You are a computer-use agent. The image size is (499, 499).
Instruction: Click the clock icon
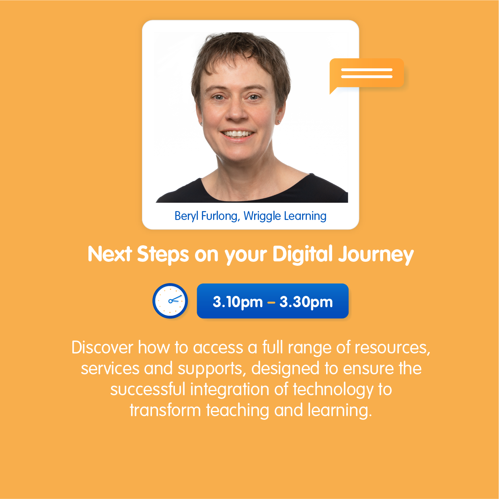tap(170, 301)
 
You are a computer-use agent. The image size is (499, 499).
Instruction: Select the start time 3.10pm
tap(238, 302)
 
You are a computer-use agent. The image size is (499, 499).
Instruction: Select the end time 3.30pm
tap(306, 302)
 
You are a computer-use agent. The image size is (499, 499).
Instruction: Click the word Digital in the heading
tap(302, 254)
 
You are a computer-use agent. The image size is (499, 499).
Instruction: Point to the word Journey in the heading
tap(376, 255)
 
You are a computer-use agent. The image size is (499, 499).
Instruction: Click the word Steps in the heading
tap(163, 255)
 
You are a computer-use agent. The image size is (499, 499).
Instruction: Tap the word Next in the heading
tap(110, 254)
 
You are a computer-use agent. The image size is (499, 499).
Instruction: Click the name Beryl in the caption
tap(187, 216)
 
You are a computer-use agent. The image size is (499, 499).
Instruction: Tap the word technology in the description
tap(333, 390)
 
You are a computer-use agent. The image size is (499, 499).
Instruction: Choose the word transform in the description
tap(165, 410)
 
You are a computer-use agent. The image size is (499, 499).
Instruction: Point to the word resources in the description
tap(392, 348)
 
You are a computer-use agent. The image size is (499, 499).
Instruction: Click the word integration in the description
tap(230, 390)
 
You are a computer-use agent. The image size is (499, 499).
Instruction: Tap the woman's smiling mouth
tap(237, 134)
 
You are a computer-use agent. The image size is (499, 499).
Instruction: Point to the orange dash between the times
tap(271, 302)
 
